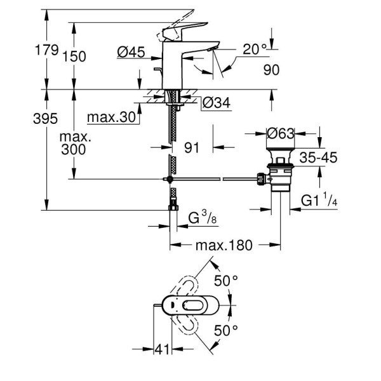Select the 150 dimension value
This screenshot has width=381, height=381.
(74, 56)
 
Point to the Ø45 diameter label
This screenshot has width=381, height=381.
(132, 53)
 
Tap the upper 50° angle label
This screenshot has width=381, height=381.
(225, 279)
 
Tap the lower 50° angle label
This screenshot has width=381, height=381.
(225, 330)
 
